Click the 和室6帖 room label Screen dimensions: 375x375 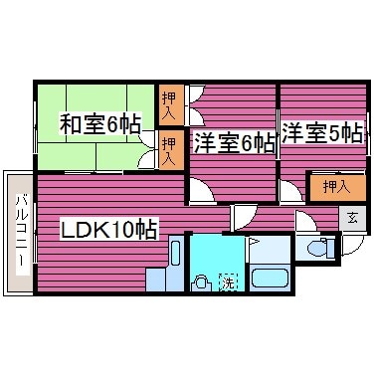tap(98, 124)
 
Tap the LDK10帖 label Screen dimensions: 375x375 tap(109, 229)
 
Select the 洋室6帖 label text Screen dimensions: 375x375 tap(234, 142)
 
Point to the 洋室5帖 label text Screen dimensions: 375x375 tap(320, 131)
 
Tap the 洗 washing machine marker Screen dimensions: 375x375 tap(227, 281)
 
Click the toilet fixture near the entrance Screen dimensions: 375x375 tap(319, 249)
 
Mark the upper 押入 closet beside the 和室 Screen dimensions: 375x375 tap(171, 101)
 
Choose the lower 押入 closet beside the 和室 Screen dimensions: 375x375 tap(171, 150)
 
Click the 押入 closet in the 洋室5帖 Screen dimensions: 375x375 tap(328, 186)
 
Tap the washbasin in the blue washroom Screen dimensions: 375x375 tap(202, 281)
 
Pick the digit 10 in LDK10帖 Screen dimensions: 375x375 tap(119, 229)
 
